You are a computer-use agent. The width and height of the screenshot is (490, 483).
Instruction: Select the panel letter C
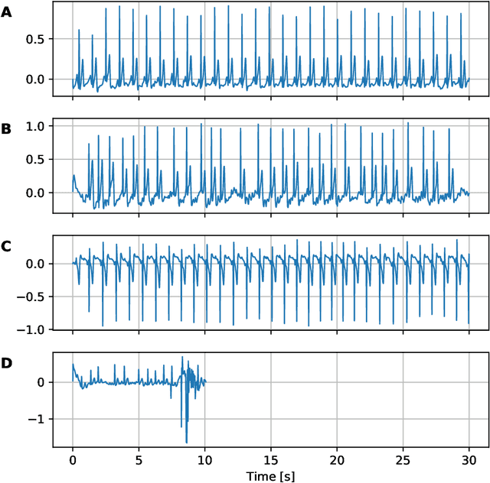click(7, 246)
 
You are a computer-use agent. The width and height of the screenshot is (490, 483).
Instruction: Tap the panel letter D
click(7, 363)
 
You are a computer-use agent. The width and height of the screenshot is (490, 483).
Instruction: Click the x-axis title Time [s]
click(270, 475)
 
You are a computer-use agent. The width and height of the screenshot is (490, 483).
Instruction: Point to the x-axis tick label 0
click(73, 461)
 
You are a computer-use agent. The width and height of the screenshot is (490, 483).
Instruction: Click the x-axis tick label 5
click(139, 461)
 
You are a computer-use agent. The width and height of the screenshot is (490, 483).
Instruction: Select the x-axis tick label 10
click(204, 461)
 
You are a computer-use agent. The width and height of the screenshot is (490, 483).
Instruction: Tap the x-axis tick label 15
click(270, 461)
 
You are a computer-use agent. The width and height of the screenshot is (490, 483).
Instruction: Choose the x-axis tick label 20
click(337, 461)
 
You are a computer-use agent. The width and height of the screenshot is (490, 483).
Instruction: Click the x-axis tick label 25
click(403, 461)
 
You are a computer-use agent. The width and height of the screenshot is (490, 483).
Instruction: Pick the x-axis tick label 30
click(469, 461)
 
